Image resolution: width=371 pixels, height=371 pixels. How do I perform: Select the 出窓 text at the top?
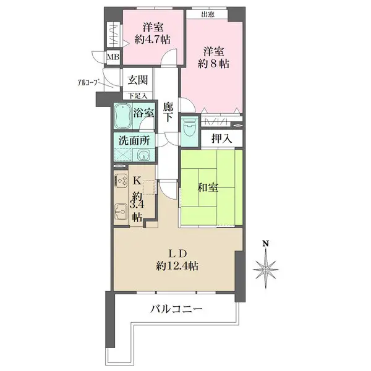pos(208,14)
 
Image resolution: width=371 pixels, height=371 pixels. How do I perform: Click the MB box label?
pos(114,58)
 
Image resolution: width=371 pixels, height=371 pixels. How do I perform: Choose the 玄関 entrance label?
pos(137,79)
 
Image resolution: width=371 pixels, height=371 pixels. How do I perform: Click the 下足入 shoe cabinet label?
pos(137,95)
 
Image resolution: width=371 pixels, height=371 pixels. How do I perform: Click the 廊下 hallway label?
pos(168,111)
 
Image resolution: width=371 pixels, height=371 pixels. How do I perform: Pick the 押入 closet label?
pos(221,139)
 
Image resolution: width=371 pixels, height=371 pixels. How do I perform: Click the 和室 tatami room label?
pos(208,189)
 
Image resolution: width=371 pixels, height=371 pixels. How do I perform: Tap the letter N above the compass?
pos(265,243)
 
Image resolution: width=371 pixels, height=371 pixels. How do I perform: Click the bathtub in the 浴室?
pos(122,115)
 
